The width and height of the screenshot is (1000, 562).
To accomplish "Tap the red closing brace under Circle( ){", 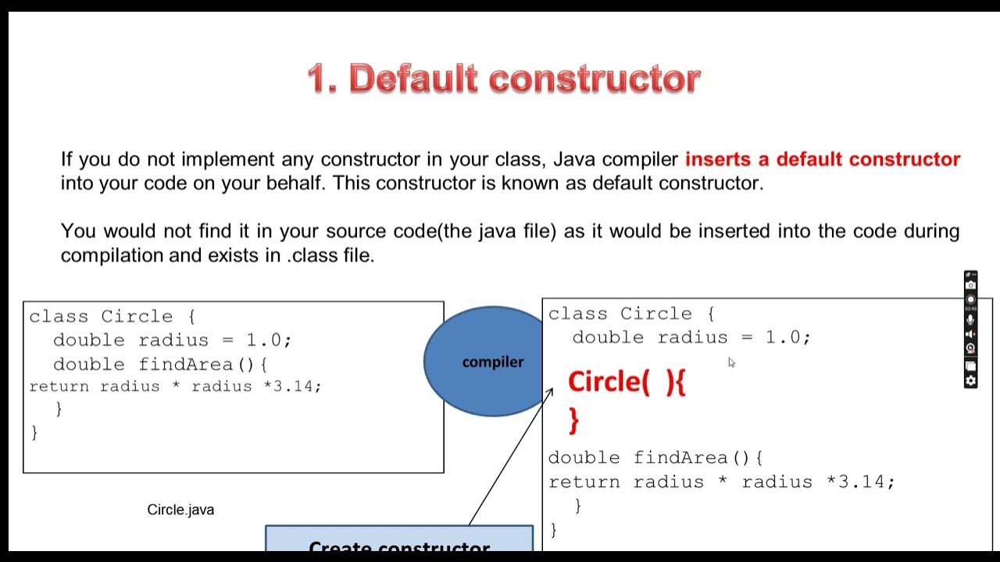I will pyautogui.click(x=574, y=421).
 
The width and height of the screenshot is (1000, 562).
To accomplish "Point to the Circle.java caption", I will pyautogui.click(x=180, y=510).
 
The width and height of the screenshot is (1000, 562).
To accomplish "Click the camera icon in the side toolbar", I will pyautogui.click(x=971, y=286).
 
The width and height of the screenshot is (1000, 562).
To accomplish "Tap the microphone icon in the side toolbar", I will pyautogui.click(x=971, y=319).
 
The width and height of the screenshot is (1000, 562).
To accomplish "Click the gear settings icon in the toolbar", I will pyautogui.click(x=971, y=381).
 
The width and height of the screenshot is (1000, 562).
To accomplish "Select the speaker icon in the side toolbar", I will pyautogui.click(x=971, y=334).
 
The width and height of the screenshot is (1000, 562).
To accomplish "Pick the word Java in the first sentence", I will pyautogui.click(x=574, y=159).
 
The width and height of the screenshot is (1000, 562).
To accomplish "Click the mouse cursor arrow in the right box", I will pyautogui.click(x=731, y=362).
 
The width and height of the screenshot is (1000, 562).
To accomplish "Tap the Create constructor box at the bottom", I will pyautogui.click(x=399, y=543).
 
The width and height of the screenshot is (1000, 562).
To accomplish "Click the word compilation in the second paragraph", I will pyautogui.click(x=112, y=255).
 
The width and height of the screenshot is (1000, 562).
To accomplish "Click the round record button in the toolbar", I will pyautogui.click(x=971, y=300).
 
